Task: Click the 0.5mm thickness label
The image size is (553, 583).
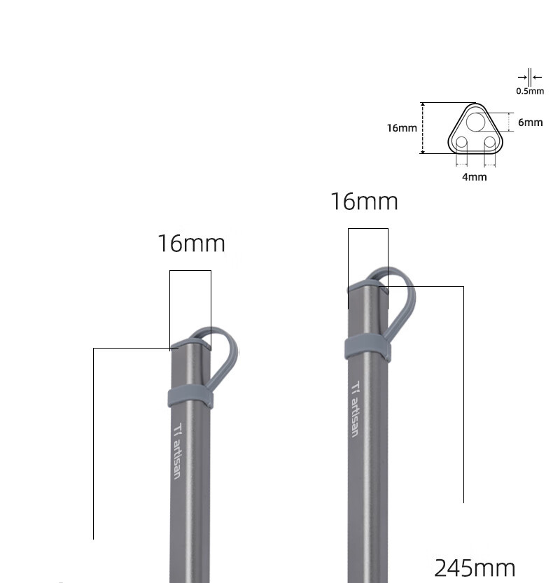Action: pos(530,91)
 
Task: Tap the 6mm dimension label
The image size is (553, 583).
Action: pos(531,122)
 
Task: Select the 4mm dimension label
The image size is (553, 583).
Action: pos(474,177)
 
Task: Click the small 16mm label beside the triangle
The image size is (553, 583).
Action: pos(402,128)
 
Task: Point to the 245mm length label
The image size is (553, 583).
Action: pos(475,568)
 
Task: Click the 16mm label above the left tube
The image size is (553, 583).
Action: pos(192,244)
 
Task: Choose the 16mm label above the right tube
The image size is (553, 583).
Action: pos(365,202)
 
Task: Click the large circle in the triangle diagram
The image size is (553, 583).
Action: pos(475,122)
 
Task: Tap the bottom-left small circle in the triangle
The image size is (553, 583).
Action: pos(461,142)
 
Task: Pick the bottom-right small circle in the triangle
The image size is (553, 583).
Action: pos(490,142)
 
